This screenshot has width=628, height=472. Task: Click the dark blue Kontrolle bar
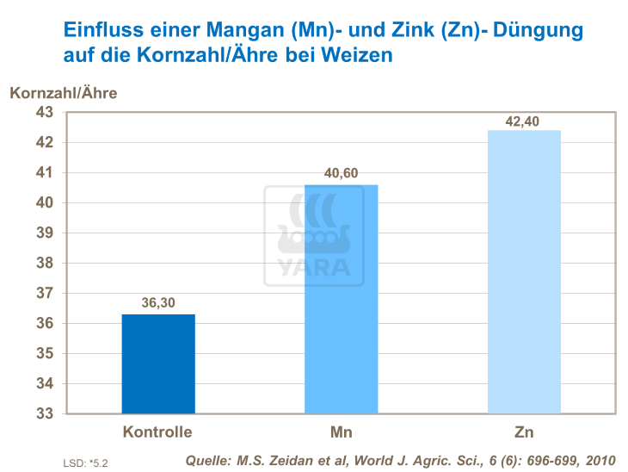click(158, 363)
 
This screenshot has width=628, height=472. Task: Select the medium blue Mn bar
click(342, 299)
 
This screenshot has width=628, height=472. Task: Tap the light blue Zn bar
click(524, 271)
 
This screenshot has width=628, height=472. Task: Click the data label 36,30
click(158, 303)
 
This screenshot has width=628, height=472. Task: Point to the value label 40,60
click(342, 174)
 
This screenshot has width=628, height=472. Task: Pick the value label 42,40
click(524, 121)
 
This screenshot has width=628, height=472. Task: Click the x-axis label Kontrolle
click(157, 431)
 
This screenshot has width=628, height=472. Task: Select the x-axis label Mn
click(342, 431)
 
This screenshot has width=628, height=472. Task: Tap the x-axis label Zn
click(524, 431)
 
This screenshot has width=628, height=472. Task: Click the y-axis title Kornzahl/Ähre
click(63, 91)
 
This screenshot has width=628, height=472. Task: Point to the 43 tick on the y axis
click(44, 112)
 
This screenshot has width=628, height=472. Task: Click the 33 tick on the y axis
click(44, 413)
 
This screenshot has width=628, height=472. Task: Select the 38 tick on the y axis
click(44, 263)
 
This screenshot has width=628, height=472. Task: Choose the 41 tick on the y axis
click(44, 172)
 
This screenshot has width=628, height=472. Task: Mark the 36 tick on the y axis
click(44, 323)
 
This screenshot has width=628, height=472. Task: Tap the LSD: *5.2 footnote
click(86, 463)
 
